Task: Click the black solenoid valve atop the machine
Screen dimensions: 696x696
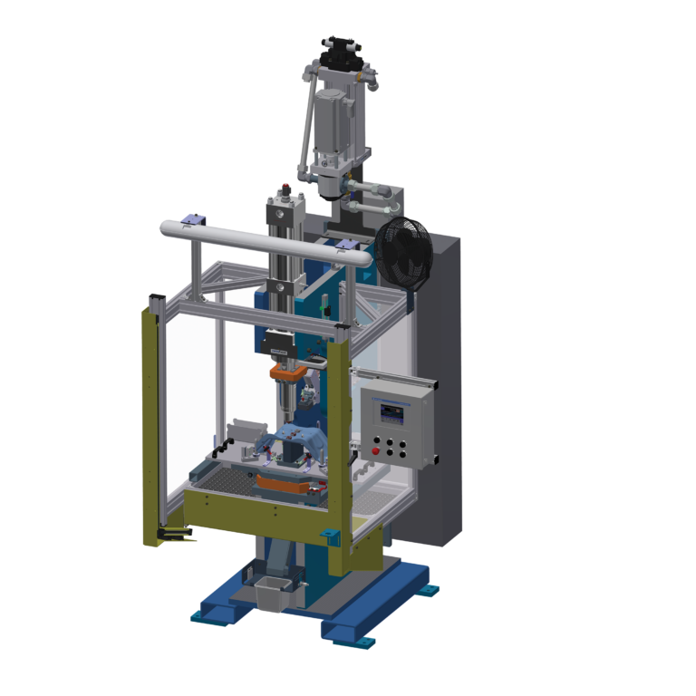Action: click(x=342, y=48)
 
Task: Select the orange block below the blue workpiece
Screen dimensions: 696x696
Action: click(x=285, y=483)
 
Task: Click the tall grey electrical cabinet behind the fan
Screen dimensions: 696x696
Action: click(x=444, y=390)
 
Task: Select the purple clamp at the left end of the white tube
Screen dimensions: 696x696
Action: click(x=191, y=219)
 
